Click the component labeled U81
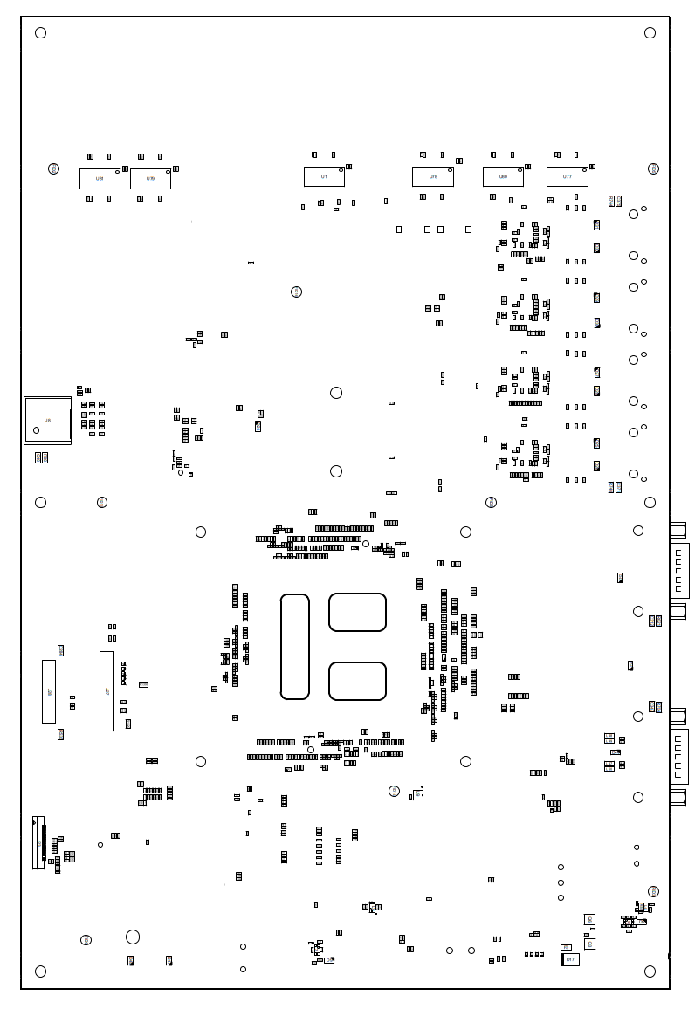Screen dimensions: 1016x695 click(x=100, y=179)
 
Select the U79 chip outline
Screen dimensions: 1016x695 click(x=150, y=179)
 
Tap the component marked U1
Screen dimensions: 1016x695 click(x=324, y=177)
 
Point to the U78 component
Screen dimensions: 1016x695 click(x=433, y=177)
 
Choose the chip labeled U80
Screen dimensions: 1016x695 click(x=503, y=177)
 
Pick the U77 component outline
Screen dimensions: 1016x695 click(x=568, y=177)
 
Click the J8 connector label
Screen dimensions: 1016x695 click(x=48, y=421)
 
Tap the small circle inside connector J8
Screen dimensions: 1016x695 click(x=36, y=430)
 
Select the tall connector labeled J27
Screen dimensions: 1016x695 click(x=107, y=691)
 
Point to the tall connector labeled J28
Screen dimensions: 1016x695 click(x=49, y=691)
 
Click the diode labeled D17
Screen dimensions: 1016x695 click(x=570, y=960)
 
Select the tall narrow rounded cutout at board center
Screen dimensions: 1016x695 click(x=295, y=647)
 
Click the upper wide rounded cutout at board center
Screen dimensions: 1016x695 click(x=357, y=612)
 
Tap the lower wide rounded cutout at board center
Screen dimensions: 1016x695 click(x=357, y=681)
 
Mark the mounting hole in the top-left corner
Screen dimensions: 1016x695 click(x=40, y=33)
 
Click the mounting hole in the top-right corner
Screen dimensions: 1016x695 click(x=650, y=33)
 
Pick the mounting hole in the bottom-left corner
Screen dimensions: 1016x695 click(x=40, y=971)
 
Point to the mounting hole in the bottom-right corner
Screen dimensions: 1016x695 click(x=650, y=971)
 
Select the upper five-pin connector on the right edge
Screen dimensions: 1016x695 click(x=679, y=571)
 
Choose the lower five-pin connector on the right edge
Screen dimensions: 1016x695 click(x=679, y=757)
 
